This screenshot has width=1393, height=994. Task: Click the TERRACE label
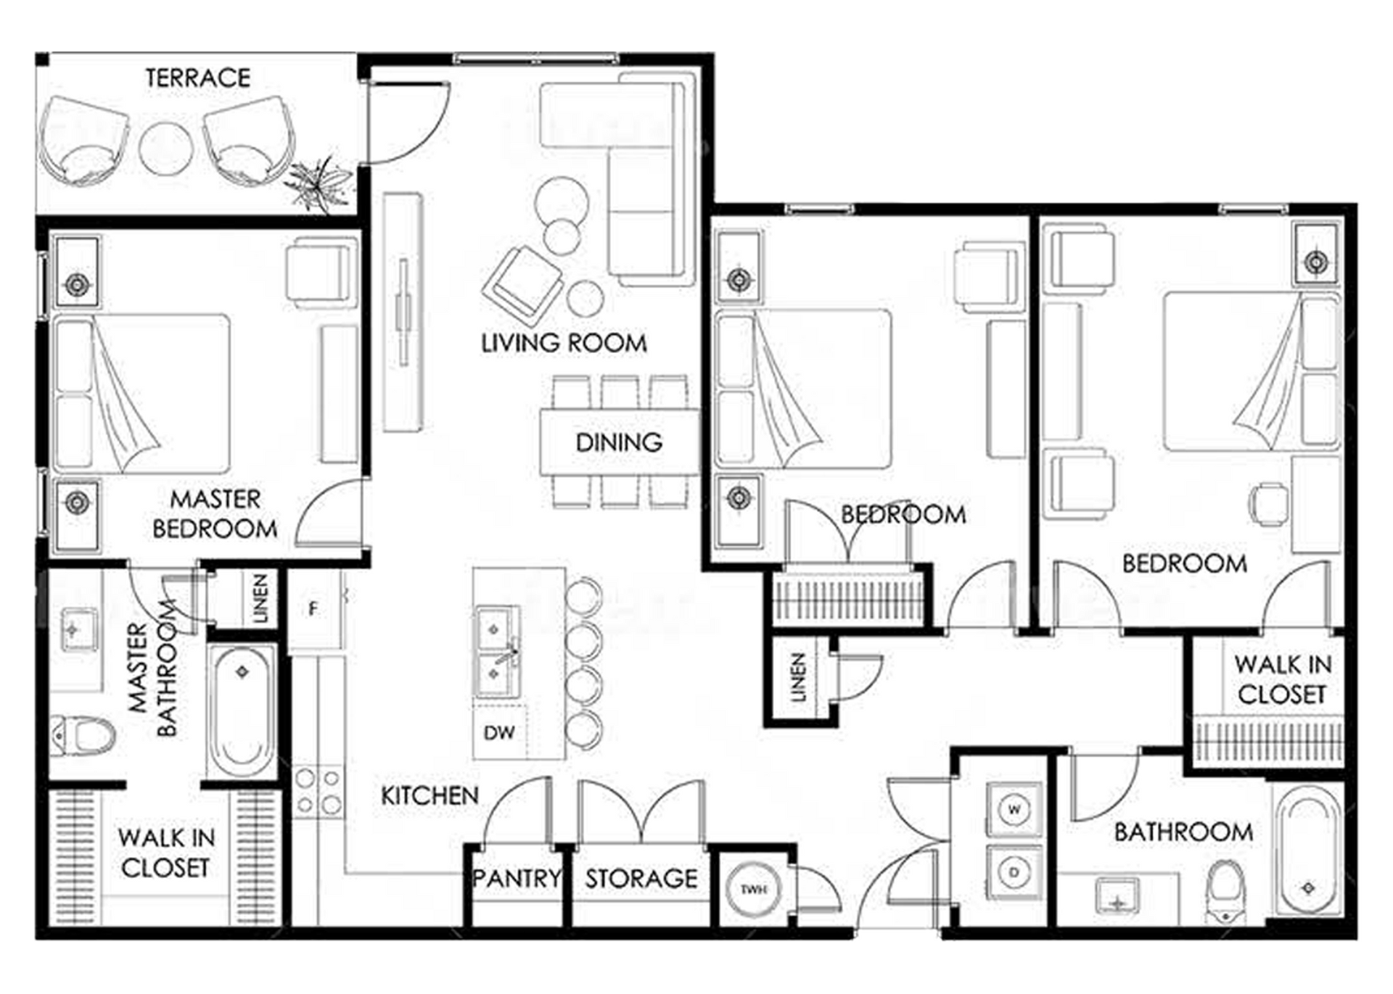pos(197,78)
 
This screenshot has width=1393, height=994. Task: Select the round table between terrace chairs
pos(166,150)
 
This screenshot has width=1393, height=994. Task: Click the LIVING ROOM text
pos(564,343)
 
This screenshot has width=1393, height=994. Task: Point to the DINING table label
pos(619,442)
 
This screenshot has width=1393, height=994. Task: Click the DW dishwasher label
pos(499,733)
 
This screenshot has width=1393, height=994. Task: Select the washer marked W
pos(1014,809)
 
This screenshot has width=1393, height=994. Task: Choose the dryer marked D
pos(1014,873)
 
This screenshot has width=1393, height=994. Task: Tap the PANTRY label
pos(517,879)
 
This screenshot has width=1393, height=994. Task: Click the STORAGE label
pos(641,879)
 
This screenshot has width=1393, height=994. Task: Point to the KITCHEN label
pos(430,795)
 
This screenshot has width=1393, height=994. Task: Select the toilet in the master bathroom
pos(82,735)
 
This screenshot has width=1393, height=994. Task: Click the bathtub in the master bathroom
pos(242,711)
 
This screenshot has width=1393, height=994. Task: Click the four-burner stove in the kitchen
pos(318,791)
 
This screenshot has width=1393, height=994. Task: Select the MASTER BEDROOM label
pos(215,514)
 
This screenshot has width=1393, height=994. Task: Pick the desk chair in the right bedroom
pos(1268,504)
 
